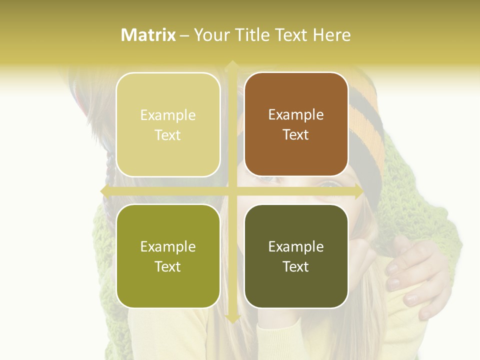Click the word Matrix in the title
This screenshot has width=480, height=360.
point(148,35)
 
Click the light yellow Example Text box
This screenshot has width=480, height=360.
point(168,124)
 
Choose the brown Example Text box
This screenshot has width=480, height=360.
point(296,124)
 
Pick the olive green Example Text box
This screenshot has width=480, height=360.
point(168,256)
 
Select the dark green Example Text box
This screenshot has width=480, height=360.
point(296,256)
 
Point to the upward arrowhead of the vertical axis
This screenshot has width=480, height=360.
point(232,65)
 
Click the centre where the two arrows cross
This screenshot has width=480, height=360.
point(232,191)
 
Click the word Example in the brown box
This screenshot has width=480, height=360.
point(296,114)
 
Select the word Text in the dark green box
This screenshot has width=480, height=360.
point(296,266)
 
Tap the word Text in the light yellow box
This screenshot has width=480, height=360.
point(168,135)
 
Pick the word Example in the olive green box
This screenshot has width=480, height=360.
point(168,246)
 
